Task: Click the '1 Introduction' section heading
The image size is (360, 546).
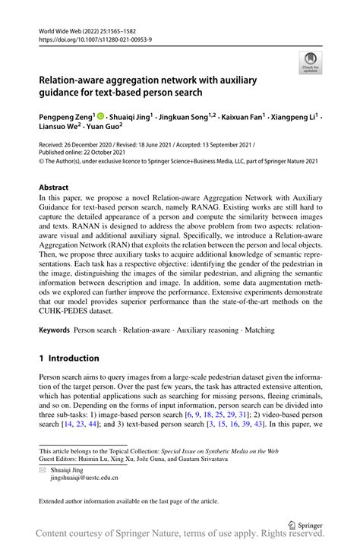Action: point(69,358)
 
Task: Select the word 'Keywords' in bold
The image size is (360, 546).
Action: point(55,331)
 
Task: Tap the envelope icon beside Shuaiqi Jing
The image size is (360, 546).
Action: point(44,471)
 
